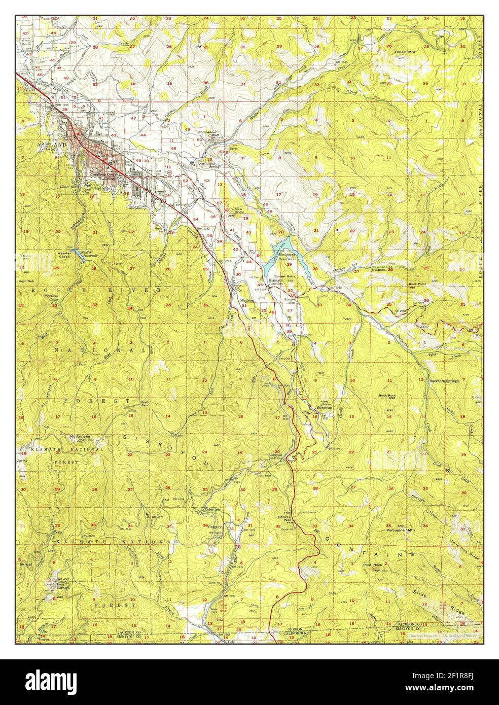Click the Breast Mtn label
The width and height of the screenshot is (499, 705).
click(x=405, y=52)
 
